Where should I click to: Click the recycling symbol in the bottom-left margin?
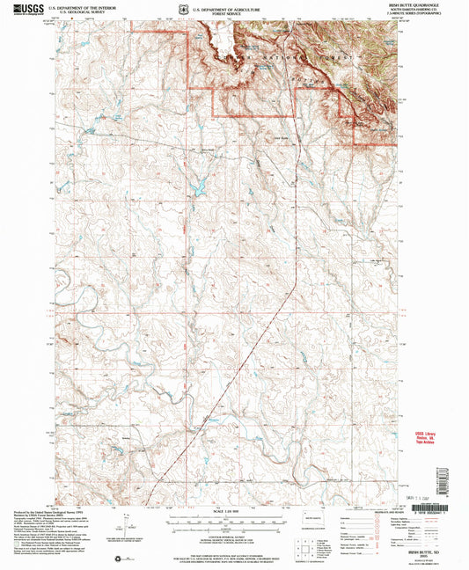(118, 557)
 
